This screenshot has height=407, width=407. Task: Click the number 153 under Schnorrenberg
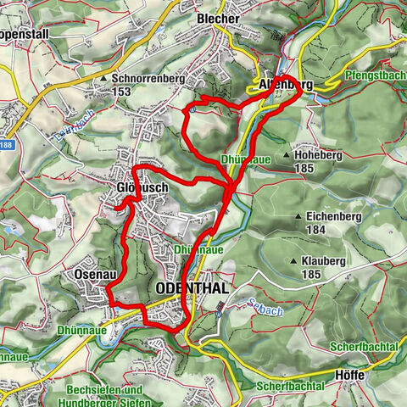[123, 91]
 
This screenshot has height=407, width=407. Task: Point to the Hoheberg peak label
[321, 155]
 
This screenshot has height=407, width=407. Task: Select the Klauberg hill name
[321, 262]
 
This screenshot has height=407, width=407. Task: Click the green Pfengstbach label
[374, 76]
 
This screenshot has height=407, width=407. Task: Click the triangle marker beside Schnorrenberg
[105, 78]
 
